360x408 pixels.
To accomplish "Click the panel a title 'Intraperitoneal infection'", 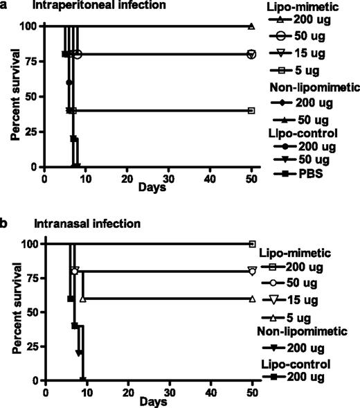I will pos(91,7).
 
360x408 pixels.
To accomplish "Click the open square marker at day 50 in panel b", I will pos(253,244).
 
